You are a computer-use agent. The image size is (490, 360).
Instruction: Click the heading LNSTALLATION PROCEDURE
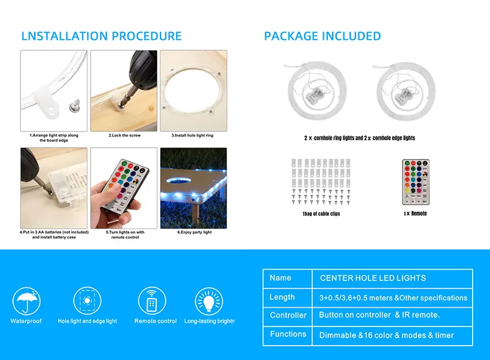[101, 36]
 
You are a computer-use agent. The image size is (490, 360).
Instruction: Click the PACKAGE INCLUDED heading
[323, 36]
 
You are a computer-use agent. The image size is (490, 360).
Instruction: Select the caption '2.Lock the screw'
[125, 135]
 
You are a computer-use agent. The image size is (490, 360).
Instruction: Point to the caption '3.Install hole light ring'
[192, 135]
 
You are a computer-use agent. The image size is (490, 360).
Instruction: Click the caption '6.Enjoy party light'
[194, 232]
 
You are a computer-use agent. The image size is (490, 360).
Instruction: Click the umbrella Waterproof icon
[26, 301]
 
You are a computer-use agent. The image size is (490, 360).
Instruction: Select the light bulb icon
[209, 301]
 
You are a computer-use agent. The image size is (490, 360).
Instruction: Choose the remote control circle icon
[152, 301]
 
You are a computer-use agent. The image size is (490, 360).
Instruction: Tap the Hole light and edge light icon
[87, 301]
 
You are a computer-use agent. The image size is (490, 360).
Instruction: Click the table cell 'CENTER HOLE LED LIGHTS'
[373, 278]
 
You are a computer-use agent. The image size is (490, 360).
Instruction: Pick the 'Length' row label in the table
[282, 297]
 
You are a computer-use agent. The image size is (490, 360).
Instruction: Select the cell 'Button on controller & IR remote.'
[380, 315]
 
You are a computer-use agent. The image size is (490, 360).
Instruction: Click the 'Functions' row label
[288, 334]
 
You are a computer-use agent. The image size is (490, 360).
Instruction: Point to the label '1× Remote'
[415, 214]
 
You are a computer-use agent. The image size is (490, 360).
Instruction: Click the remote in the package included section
[416, 182]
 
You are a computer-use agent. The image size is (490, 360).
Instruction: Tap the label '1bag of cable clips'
[321, 214]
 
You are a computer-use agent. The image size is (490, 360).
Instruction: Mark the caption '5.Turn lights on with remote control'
[125, 235]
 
